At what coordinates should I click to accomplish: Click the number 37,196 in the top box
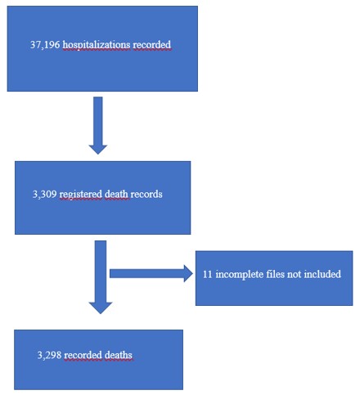[45, 45]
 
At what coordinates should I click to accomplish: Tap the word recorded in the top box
[152, 45]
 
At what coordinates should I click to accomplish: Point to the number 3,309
[45, 194]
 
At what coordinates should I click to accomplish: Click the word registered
[81, 195]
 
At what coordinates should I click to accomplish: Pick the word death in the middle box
[116, 194]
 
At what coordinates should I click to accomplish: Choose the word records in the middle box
[146, 194]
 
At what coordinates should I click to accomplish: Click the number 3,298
[49, 355]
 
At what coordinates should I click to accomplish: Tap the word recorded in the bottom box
[83, 355]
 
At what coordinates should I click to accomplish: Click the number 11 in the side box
[208, 274]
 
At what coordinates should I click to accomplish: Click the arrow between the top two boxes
[98, 125]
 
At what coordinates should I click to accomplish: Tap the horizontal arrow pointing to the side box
[151, 273]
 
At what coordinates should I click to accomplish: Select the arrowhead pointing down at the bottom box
[101, 307]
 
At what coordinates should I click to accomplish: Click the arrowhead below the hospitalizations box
[98, 150]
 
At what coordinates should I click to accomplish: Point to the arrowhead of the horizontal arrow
[188, 273]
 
